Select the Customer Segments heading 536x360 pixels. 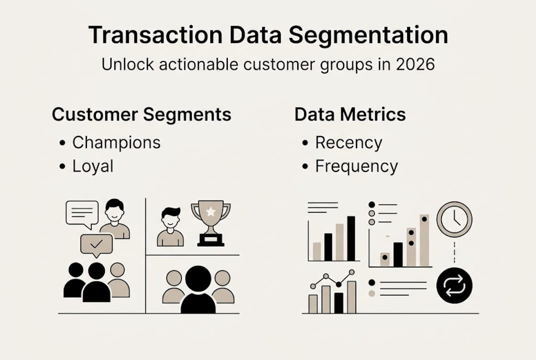click(x=141, y=114)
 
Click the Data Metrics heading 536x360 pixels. click(x=350, y=114)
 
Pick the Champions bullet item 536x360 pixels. click(x=116, y=142)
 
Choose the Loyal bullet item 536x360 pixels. click(x=93, y=166)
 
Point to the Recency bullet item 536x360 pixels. click(x=348, y=142)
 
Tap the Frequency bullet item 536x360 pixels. click(x=356, y=166)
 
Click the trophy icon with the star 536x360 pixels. click(x=210, y=222)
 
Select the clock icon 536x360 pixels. click(x=454, y=218)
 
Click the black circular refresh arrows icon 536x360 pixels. click(x=454, y=286)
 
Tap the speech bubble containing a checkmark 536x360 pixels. click(x=96, y=244)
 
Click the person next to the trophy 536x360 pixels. click(x=170, y=227)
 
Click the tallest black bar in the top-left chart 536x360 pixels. click(x=351, y=238)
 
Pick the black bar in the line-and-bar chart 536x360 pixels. click(x=339, y=302)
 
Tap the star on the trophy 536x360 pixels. click(x=211, y=211)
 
